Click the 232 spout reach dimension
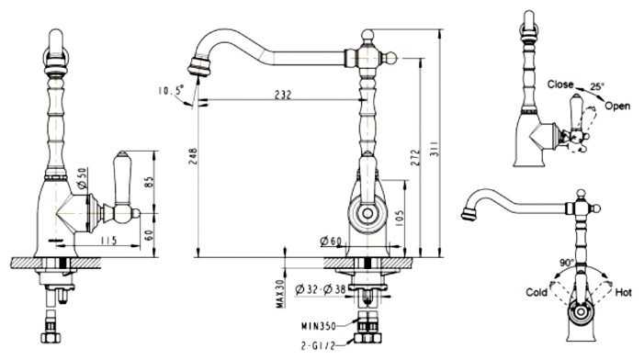tap(283, 95)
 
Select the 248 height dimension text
tap(193, 156)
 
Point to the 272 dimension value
tap(415, 158)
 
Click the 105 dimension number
tap(400, 219)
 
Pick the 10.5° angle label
tap(171, 89)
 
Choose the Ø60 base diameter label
tap(331, 242)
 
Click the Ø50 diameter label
tap(82, 178)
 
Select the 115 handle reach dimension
tap(108, 240)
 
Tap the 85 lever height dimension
tap(149, 182)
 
